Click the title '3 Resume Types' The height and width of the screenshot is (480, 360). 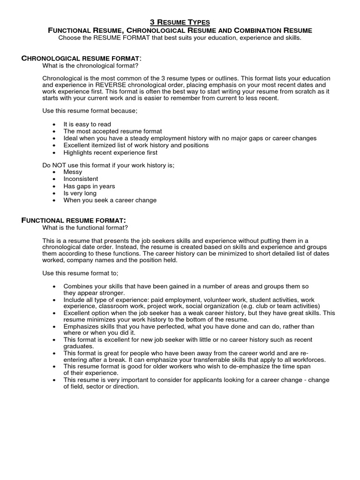point(180,22)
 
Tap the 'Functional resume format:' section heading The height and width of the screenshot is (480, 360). point(74,220)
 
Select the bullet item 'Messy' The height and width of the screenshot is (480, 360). point(73,172)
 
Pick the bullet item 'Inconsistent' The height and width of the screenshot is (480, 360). point(81,179)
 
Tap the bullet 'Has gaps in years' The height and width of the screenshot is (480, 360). point(89,186)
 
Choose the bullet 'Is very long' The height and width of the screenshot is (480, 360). point(80,193)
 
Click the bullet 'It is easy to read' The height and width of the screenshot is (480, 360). point(87,124)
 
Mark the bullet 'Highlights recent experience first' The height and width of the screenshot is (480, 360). point(110,152)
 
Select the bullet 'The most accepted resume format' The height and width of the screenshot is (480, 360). point(112,131)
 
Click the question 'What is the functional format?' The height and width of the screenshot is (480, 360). point(85,228)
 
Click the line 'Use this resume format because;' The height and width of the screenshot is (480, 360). point(90,111)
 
